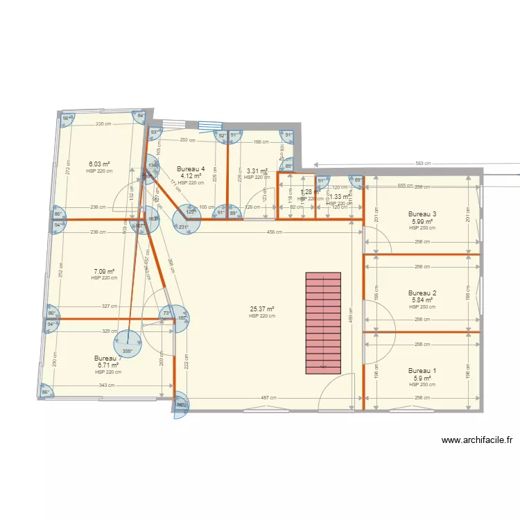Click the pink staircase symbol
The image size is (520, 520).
click(x=323, y=324)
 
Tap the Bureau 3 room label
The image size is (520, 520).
click(x=422, y=214)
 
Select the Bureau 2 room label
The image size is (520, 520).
click(x=422, y=293)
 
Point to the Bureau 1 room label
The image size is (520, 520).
click(x=422, y=371)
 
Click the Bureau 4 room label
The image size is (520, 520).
click(x=191, y=169)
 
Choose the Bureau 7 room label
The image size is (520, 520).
click(x=108, y=358)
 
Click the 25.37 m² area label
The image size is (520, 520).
click(x=262, y=309)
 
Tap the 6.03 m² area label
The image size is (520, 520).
click(x=99, y=164)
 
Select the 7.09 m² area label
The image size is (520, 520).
click(x=104, y=272)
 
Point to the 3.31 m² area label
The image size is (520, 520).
click(x=257, y=171)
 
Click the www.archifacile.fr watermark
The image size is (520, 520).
click(x=476, y=440)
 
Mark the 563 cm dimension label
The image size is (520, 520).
click(x=423, y=164)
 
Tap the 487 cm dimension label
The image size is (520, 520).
click(x=266, y=398)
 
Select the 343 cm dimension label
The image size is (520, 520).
click(x=106, y=386)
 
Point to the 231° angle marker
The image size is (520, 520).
click(x=184, y=227)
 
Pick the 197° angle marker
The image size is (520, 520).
click(x=182, y=319)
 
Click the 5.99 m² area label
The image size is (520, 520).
click(x=422, y=221)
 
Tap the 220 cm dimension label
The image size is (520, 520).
click(x=103, y=124)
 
